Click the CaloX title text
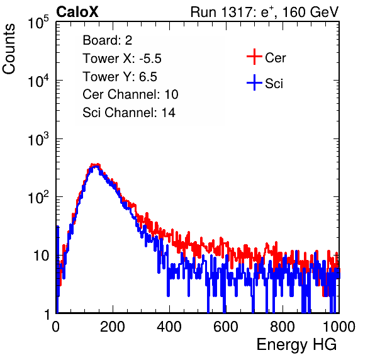point(77,12)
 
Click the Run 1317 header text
point(264,12)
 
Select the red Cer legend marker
point(254,57)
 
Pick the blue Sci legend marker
point(254,82)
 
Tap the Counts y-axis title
point(9,49)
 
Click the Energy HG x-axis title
point(296,344)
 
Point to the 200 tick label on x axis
point(113,326)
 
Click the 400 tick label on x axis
point(169,326)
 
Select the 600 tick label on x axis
point(226,326)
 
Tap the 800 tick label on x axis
point(283,326)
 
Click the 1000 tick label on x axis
point(339,326)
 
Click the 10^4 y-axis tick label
point(38,81)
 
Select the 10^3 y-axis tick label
point(38,138)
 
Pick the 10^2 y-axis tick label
point(38,197)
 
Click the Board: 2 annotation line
point(108,40)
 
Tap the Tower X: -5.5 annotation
point(122,59)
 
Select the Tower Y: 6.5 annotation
point(120,77)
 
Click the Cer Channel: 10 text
point(130,94)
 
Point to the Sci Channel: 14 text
point(129,112)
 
